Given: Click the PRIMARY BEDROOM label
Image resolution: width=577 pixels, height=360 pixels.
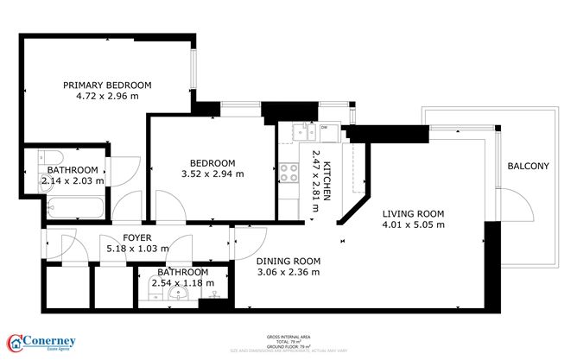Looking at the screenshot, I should (108, 85).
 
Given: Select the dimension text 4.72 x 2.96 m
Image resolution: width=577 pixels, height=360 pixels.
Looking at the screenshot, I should (108, 98).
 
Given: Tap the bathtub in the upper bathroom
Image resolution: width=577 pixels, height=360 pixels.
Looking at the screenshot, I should (74, 208).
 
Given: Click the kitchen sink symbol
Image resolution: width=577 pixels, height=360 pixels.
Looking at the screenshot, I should (303, 131).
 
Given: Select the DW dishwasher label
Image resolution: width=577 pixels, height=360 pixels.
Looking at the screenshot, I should (325, 129).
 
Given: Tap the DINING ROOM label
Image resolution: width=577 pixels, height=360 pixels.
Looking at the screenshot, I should (288, 261).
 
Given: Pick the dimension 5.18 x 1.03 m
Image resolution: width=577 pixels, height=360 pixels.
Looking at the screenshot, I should (138, 249).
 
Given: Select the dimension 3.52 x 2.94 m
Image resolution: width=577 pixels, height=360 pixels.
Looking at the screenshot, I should (212, 174).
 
